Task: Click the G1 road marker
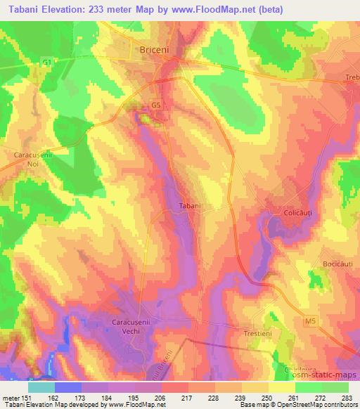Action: [x=47, y=63]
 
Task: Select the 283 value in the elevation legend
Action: [x=344, y=398]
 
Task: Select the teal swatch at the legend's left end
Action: [x=41, y=387]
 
